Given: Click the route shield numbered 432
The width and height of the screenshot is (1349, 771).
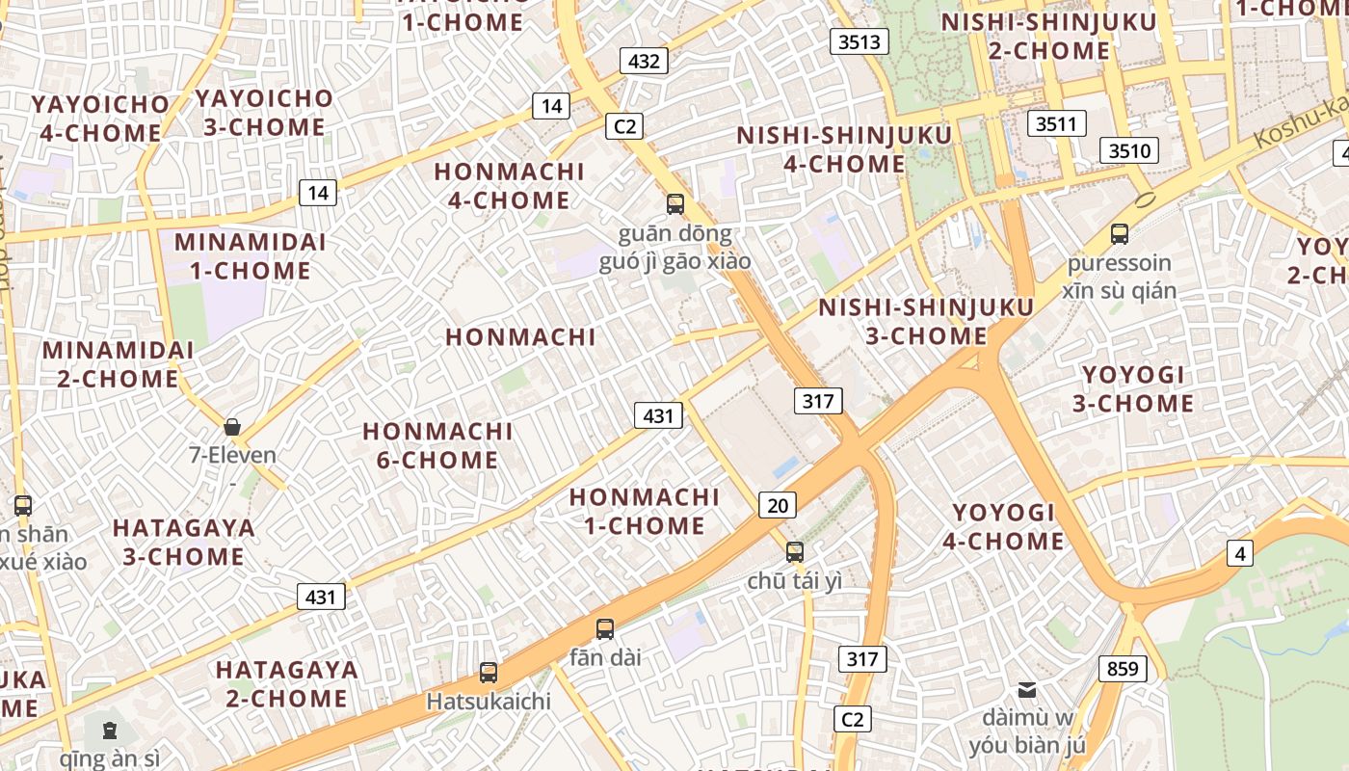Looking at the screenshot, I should coord(644,62).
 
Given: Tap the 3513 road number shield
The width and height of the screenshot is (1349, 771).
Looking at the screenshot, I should coord(860,41).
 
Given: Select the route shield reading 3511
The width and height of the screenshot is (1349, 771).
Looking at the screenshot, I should coord(1056,123).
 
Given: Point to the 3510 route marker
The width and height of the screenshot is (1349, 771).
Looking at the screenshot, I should coord(1129,150).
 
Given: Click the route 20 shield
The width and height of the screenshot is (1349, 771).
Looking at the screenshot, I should coord(778,504).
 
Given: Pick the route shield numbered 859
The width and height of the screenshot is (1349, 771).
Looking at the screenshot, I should coord(1123,668).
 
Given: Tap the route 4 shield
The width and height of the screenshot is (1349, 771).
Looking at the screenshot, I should coord(1240,553).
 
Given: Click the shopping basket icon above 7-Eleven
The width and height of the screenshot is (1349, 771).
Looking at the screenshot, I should coord(232,427).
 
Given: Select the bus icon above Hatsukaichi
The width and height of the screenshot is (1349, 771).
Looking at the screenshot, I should coord(489,672).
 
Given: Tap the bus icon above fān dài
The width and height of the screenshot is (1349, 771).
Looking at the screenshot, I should coord(605,629).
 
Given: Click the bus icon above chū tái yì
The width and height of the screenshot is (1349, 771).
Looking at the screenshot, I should coord(795,551).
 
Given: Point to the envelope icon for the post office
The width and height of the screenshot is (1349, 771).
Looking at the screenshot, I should coord(1027,689).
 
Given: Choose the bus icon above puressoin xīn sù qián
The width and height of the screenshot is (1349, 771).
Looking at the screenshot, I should coord(1120,233).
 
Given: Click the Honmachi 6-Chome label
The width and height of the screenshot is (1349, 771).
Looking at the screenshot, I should coord(437,445).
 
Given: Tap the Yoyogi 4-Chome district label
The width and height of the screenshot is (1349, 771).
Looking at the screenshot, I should coord(1003,526).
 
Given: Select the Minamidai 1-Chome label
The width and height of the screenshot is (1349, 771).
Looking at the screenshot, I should coord(251,255).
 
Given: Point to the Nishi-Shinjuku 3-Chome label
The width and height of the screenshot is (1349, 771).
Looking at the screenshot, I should coord(926,321).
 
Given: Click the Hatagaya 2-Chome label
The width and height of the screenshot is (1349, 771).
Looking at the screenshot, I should coord(286,683).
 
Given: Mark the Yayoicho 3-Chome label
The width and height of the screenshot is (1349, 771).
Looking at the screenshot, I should coord(263,112).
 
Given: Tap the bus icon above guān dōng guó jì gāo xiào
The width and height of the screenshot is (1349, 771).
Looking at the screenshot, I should coord(675,204).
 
